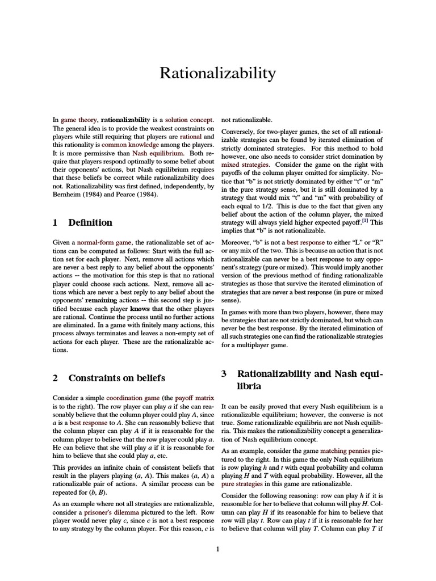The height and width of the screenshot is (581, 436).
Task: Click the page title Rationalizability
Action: pyautogui.click(x=217, y=73)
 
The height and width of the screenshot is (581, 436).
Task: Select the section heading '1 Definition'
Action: pyautogui.click(x=82, y=222)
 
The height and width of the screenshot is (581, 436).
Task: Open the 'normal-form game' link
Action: pyautogui.click(x=104, y=242)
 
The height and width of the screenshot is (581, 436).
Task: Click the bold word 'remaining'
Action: pyautogui.click(x=100, y=298)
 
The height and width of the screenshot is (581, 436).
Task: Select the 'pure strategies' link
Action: pyautogui.click(x=242, y=484)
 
